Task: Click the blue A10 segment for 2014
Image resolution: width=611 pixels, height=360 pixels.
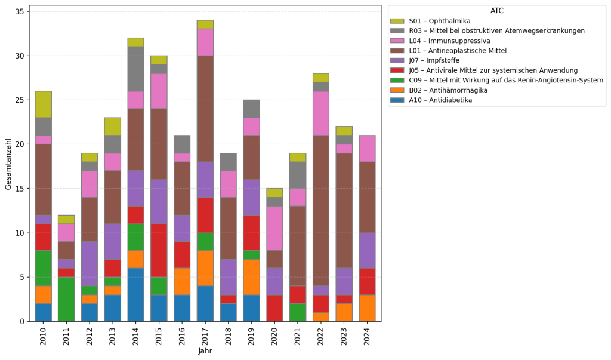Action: tap(135, 294)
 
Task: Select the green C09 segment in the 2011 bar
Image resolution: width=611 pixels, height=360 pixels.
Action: tap(66, 299)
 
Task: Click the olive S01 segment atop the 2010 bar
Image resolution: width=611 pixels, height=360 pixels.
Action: tap(43, 104)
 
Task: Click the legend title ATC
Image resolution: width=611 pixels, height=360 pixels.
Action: tap(496, 11)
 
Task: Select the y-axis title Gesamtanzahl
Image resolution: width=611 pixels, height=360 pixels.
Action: tap(8, 163)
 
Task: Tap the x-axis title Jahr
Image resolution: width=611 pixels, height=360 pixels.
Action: tap(205, 351)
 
